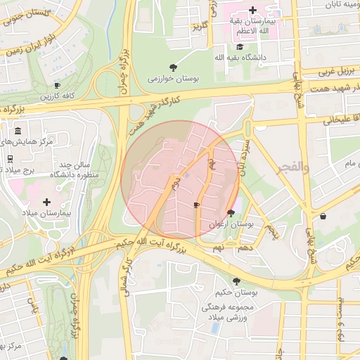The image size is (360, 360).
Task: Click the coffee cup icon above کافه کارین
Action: pos(57,85)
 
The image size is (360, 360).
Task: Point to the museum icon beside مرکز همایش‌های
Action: pos(18,131)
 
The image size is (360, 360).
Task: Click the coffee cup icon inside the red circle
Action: pos(196,205)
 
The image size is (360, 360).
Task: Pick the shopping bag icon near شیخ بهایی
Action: pos(323,217)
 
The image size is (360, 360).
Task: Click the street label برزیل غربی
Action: pos(321,71)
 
